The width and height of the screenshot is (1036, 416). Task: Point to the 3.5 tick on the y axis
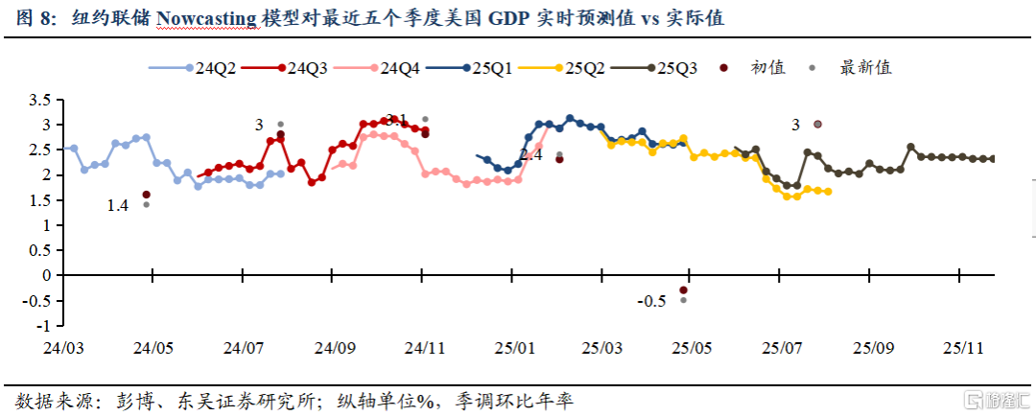tap(39, 101)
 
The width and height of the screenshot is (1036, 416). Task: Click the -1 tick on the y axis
tap(43, 325)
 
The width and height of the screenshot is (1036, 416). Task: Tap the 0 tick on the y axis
tap(45, 275)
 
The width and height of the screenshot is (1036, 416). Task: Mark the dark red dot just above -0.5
tap(684, 289)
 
